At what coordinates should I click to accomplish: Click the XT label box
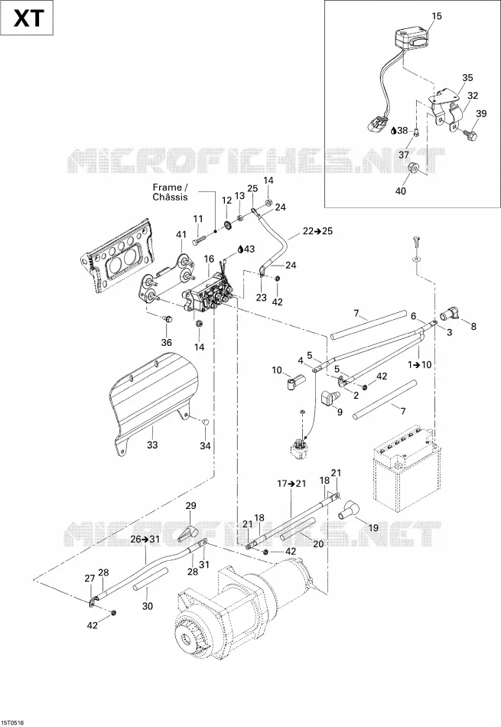27,18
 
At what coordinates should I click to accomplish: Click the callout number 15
437,16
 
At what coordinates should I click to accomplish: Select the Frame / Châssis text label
170,192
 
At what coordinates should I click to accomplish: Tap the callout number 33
152,445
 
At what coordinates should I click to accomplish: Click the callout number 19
373,527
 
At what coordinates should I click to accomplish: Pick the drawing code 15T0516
12,722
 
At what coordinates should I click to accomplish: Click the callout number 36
167,342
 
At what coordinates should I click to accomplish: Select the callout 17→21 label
291,483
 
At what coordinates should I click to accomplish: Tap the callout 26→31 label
145,539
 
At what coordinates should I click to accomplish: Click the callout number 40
401,191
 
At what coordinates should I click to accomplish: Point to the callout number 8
473,327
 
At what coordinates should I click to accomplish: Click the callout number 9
340,412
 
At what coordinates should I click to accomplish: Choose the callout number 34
205,445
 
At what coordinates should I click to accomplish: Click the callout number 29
191,505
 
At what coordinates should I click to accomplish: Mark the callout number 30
148,605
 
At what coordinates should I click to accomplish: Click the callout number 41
181,234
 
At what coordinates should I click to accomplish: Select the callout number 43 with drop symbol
246,249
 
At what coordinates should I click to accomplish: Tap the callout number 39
482,113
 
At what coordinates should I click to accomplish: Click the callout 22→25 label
318,231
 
